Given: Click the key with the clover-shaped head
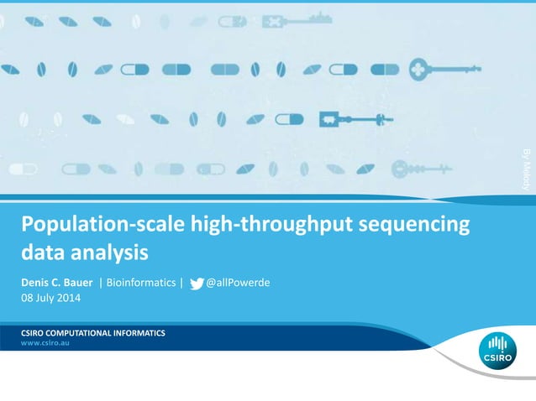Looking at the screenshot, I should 448,70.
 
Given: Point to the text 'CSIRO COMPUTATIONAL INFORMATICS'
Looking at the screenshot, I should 93,333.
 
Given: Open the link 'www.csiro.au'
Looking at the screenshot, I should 45,344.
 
